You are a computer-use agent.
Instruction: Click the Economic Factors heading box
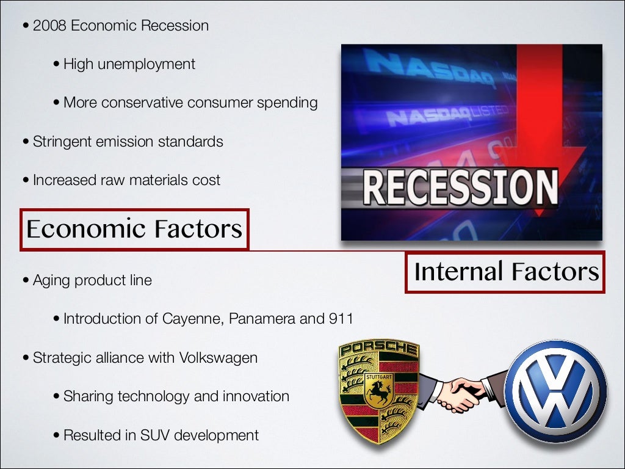134,230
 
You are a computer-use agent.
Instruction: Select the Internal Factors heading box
505,272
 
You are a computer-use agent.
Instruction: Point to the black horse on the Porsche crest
378,393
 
